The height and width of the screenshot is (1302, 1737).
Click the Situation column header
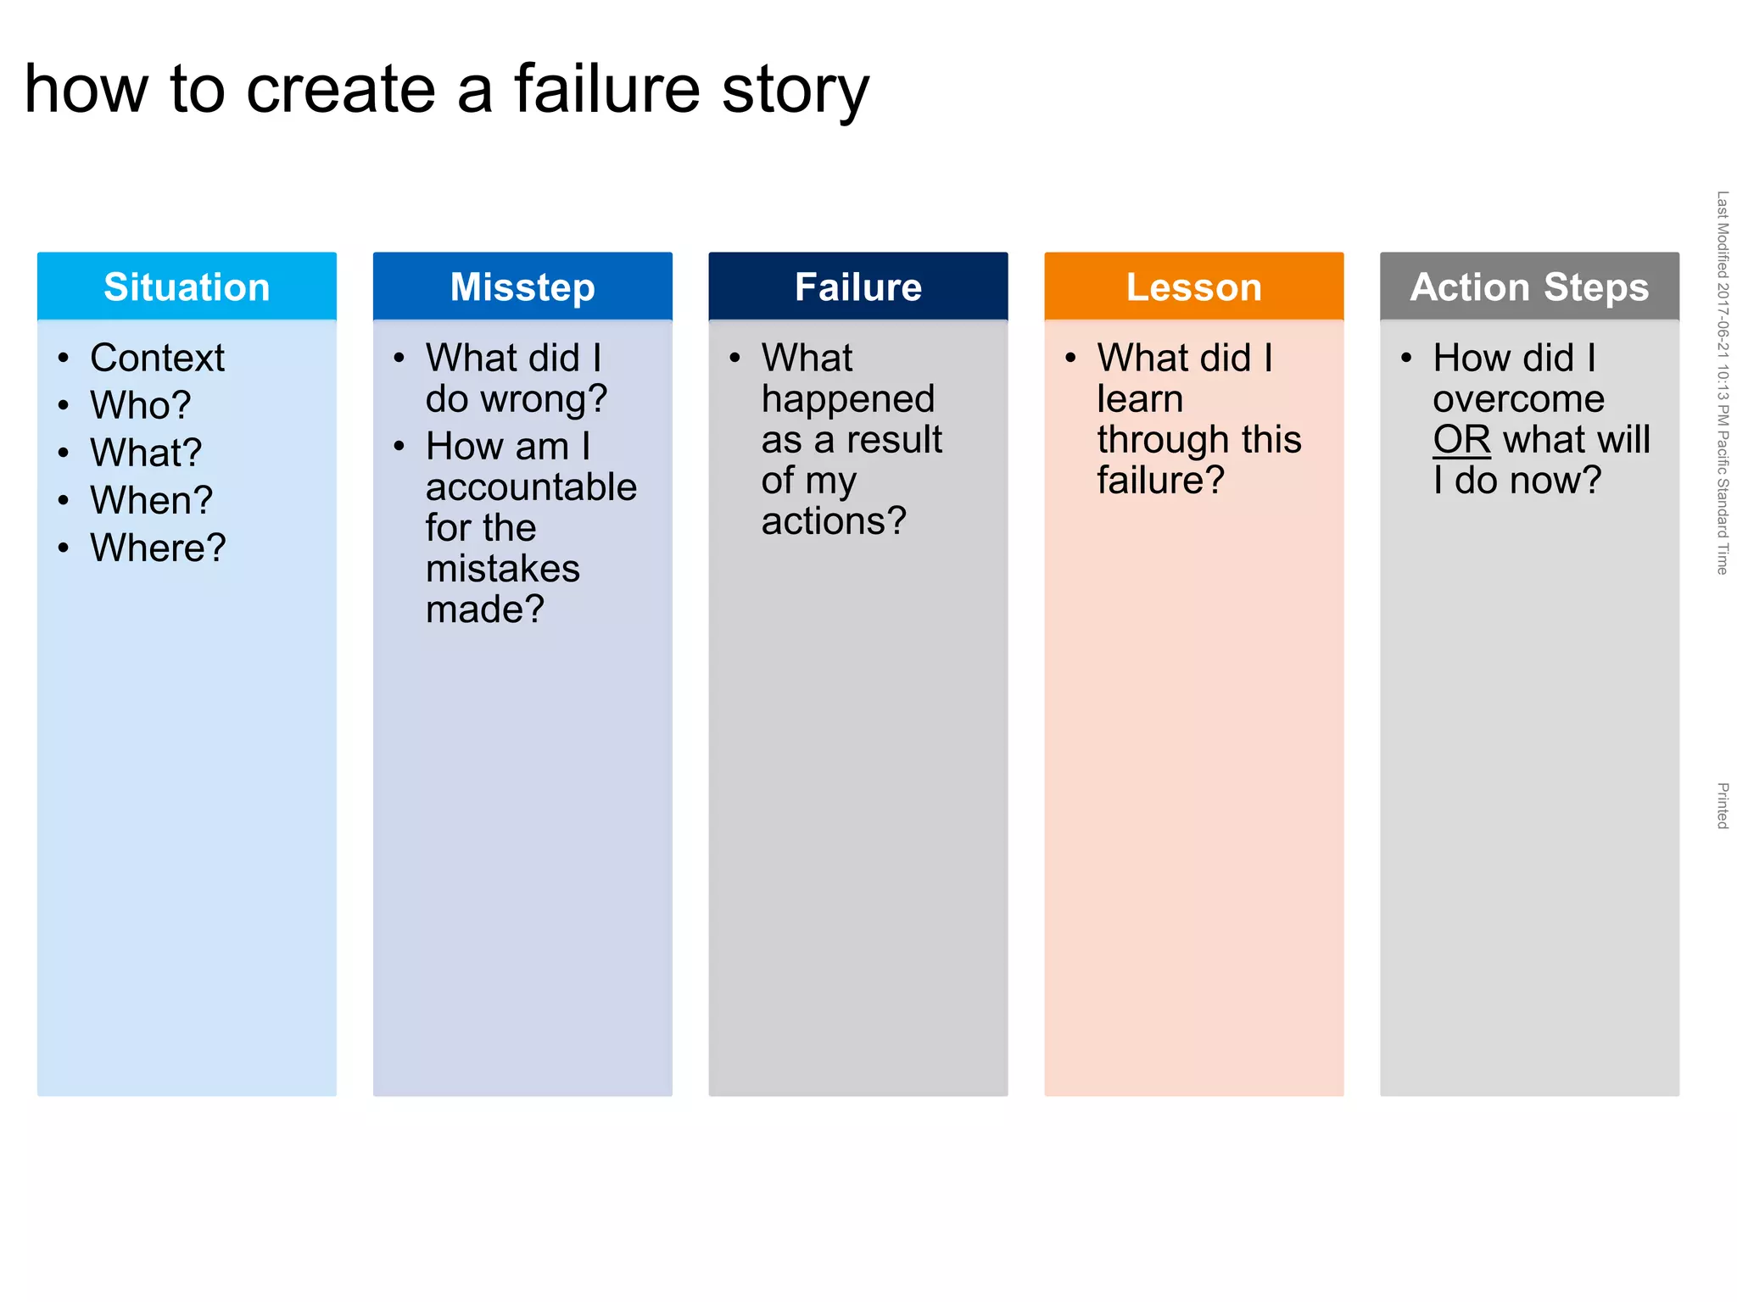coord(187,287)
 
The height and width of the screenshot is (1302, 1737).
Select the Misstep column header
coord(522,287)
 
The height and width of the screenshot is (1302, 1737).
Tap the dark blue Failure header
coord(857,287)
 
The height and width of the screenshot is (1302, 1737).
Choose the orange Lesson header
coord(1193,287)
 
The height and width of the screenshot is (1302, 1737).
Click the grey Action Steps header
coord(1529,287)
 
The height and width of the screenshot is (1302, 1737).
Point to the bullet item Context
coord(157,358)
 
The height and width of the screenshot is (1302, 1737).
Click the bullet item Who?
coord(141,405)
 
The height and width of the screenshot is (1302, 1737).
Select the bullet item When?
coord(151,500)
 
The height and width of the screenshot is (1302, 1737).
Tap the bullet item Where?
coord(158,548)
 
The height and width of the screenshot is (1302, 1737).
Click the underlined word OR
coord(1461,439)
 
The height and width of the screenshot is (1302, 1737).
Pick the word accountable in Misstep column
coord(531,487)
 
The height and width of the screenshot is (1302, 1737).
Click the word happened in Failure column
coord(847,399)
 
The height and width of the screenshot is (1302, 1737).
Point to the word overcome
coord(1518,398)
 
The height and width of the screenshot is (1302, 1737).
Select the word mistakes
coord(502,569)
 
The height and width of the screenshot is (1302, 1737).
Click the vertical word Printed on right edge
coord(1722,805)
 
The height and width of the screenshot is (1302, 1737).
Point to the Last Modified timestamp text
coord(1722,381)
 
